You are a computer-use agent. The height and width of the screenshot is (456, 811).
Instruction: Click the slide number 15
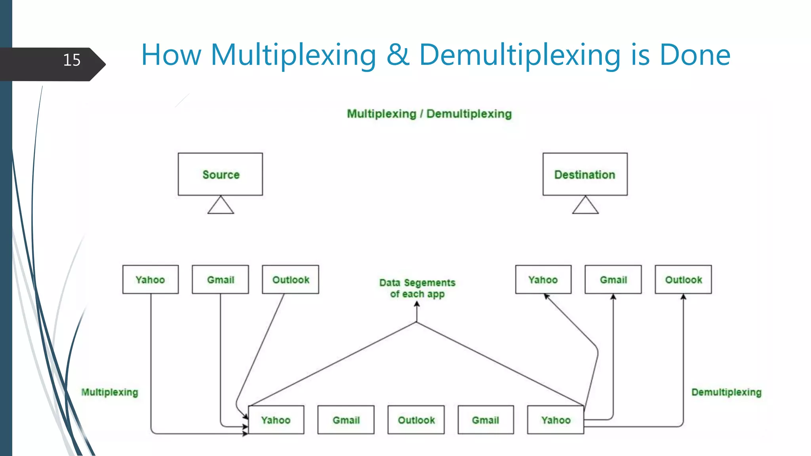click(x=72, y=60)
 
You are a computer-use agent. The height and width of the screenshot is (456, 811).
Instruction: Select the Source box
click(x=220, y=174)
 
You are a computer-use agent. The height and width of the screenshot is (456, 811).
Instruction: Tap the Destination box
click(x=585, y=174)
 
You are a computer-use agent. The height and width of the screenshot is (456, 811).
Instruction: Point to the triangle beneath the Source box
click(x=221, y=206)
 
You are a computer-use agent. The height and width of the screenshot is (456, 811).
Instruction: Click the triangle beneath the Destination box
click(x=585, y=206)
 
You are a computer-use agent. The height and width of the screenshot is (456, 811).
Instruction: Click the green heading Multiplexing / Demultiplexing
click(x=429, y=114)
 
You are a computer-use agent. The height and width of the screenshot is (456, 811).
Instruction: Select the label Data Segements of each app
click(x=417, y=288)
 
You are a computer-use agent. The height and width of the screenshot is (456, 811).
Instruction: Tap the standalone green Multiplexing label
click(x=110, y=392)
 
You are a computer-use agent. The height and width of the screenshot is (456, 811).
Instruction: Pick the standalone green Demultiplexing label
click(x=726, y=392)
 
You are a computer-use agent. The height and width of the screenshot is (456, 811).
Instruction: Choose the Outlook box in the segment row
click(x=416, y=420)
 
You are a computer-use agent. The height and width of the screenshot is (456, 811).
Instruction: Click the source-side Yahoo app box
click(x=150, y=279)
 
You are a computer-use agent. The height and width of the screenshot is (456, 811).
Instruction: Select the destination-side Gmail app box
click(x=613, y=279)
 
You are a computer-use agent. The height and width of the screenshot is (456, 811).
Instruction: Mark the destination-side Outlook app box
click(x=683, y=279)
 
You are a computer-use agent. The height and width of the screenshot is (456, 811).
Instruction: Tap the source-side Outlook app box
click(x=290, y=279)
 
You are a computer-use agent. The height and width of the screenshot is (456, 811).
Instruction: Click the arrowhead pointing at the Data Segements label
click(x=417, y=304)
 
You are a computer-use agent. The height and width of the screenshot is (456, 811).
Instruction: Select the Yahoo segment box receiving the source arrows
click(x=276, y=420)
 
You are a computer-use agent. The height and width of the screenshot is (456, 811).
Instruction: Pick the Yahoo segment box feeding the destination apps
click(x=556, y=420)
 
